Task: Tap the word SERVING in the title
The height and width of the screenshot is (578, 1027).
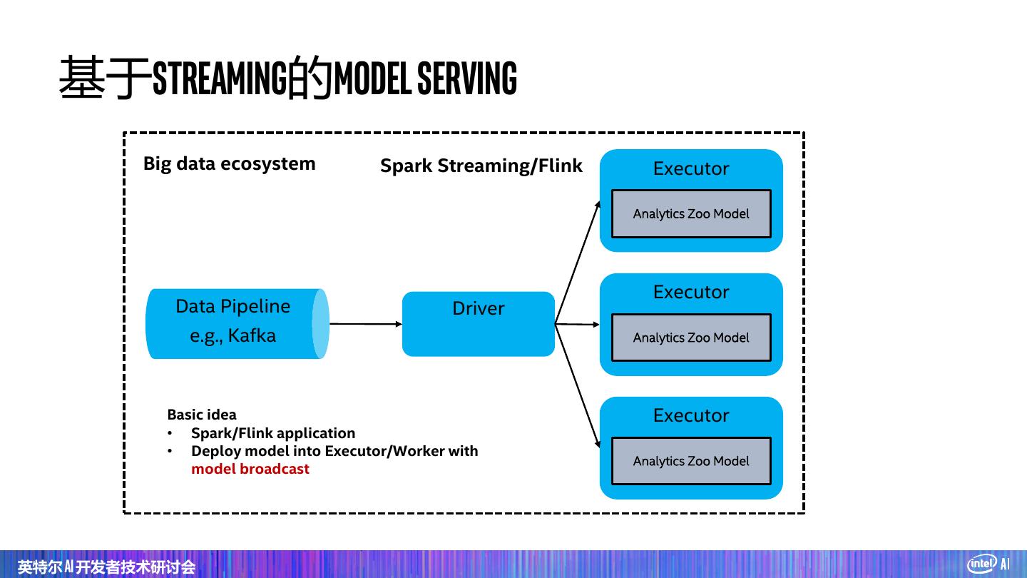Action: (466, 78)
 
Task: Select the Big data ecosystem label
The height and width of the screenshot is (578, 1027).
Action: (229, 163)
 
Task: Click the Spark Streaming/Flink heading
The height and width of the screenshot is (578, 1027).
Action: (481, 166)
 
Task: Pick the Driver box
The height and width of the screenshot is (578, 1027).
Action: (478, 324)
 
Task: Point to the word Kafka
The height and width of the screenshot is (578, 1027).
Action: (252, 336)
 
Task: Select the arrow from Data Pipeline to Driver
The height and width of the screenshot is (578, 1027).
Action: (365, 324)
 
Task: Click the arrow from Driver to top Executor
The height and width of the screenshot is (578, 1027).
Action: (578, 263)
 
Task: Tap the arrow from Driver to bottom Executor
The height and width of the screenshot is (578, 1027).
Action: (578, 386)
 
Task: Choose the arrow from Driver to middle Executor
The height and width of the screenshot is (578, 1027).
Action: (578, 324)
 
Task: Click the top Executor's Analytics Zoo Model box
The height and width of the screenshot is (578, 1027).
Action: (691, 213)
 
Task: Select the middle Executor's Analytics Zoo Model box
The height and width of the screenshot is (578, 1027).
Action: (691, 338)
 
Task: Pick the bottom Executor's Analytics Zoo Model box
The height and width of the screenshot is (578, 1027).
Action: (691, 461)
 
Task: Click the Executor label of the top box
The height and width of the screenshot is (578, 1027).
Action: (691, 169)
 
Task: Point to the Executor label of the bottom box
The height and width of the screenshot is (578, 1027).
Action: (691, 416)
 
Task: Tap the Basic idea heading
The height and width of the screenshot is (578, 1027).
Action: (202, 415)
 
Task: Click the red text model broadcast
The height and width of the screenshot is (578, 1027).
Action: (250, 469)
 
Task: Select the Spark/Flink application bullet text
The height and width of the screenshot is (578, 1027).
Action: (273, 433)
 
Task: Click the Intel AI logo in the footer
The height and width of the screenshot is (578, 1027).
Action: (988, 564)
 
